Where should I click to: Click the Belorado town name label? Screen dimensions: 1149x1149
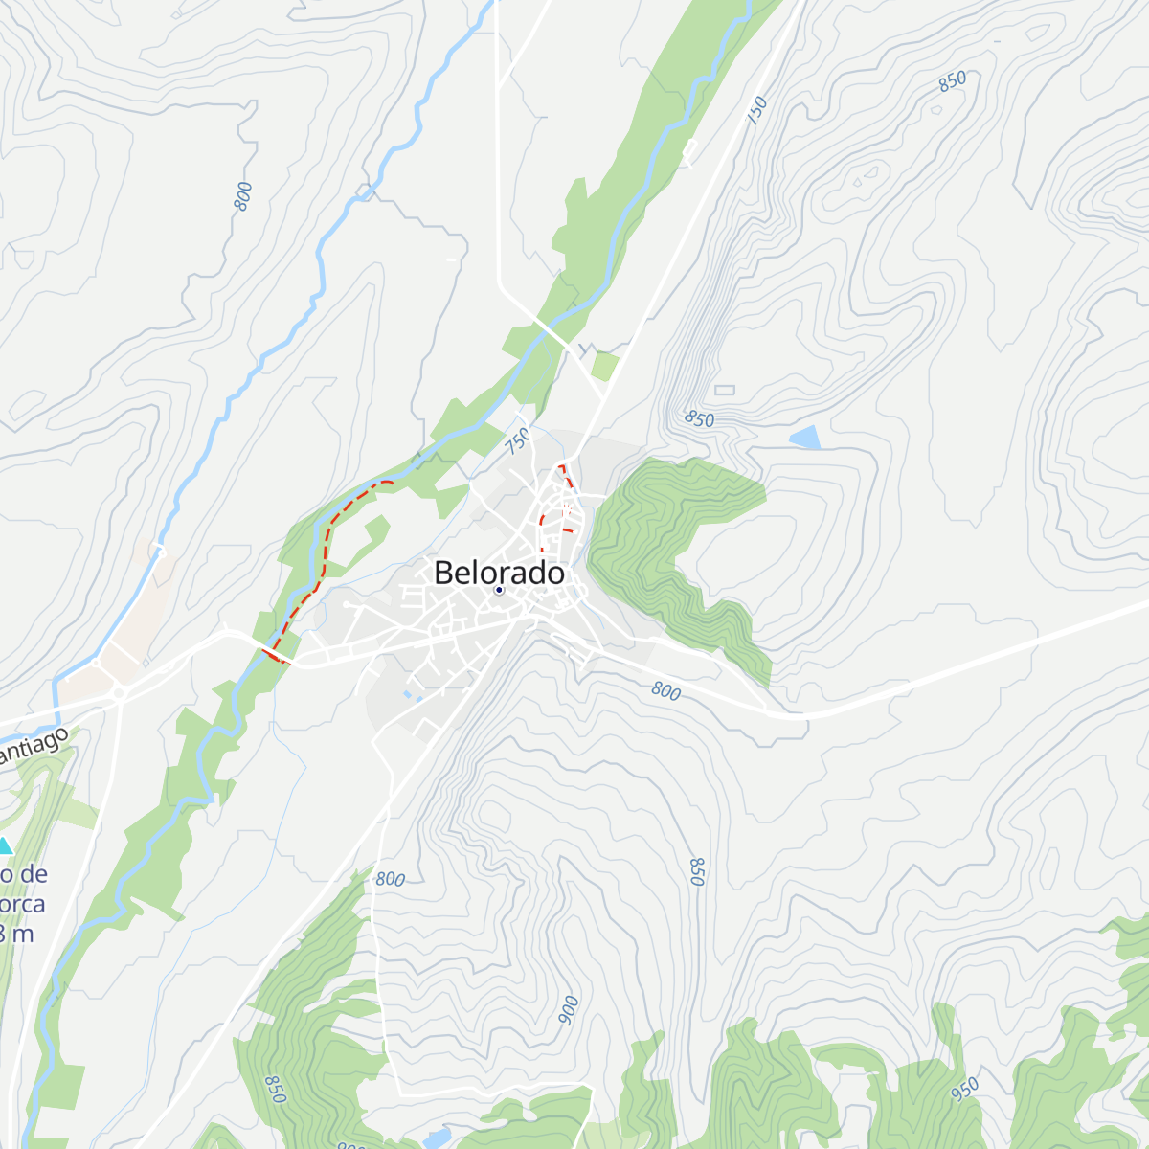pos(499,573)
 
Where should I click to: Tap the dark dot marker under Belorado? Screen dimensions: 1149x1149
pos(499,590)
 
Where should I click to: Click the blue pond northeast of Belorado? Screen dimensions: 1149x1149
pos(805,439)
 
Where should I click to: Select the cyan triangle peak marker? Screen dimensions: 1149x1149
pos(5,845)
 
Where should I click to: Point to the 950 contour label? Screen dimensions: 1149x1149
pos(965,1090)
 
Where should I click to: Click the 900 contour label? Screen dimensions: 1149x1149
pos(569,1010)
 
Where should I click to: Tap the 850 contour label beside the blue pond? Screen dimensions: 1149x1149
pos(700,419)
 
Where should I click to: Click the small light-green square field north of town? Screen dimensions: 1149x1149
pos(604,366)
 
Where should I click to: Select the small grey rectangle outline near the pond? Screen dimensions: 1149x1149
pos(724,390)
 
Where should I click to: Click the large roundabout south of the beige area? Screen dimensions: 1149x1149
pos(121,691)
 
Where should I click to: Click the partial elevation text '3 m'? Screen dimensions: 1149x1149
pos(17,934)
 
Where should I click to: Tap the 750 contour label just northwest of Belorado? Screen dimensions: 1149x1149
pos(518,440)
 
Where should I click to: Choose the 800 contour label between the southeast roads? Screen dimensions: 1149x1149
pos(665,690)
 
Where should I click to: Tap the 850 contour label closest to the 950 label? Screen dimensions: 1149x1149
pos(697,871)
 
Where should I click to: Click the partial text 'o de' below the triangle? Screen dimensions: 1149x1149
pos(24,874)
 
